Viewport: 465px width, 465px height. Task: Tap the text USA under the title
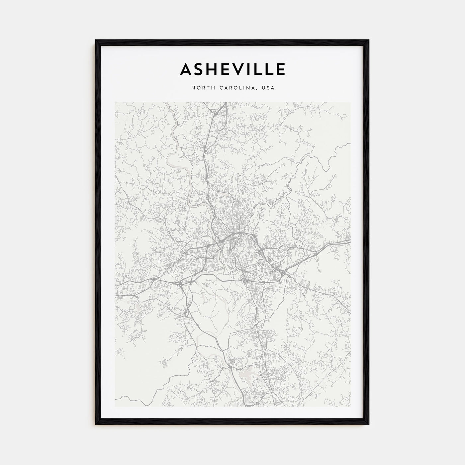click(268, 88)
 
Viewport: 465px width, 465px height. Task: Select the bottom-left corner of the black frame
click(96, 424)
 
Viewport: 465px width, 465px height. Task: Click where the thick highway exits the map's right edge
click(350, 241)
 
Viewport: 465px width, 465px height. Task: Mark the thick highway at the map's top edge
click(226, 103)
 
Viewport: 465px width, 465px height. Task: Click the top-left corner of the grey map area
click(115, 102)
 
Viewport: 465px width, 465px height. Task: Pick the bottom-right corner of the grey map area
click(350, 407)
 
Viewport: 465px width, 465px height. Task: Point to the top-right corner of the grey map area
click(350, 102)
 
